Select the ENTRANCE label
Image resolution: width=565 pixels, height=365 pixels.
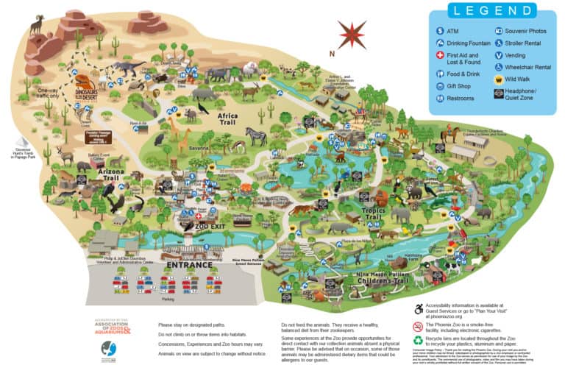pyautogui.click(x=188, y=264)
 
